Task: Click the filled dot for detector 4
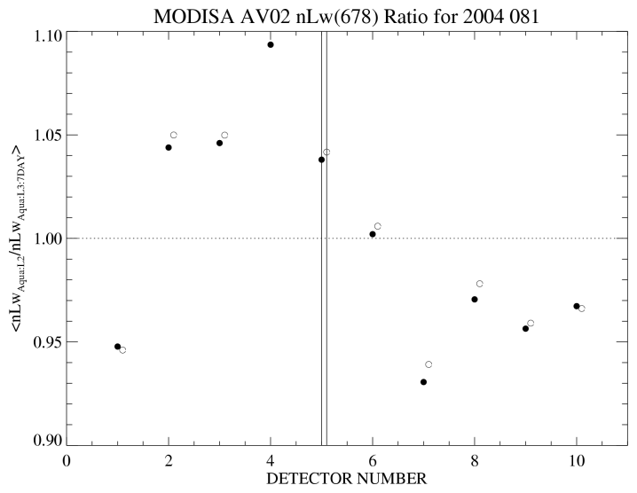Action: point(271,44)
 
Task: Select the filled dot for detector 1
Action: point(117,347)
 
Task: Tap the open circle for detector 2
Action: point(174,135)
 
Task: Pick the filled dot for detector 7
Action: point(423,382)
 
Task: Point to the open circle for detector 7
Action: point(429,364)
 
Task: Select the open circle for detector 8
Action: point(480,284)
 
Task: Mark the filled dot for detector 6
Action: point(373,234)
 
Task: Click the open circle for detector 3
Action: point(224,135)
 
